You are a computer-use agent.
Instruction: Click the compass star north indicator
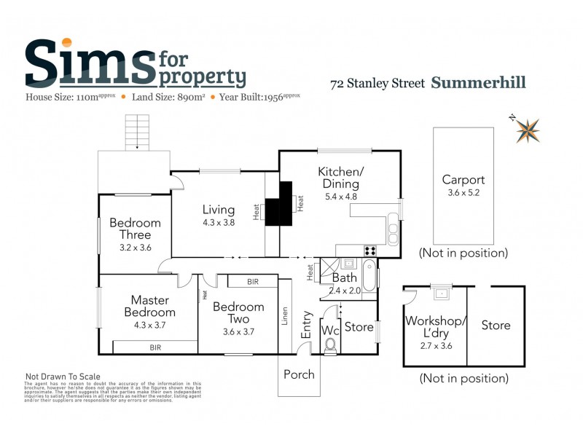click(x=528, y=130)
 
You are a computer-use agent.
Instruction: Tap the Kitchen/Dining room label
click(x=340, y=178)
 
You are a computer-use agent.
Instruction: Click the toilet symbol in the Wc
click(x=330, y=345)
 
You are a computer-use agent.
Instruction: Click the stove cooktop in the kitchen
click(x=370, y=251)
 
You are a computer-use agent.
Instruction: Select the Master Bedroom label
click(x=150, y=306)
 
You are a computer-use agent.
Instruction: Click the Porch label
click(x=299, y=374)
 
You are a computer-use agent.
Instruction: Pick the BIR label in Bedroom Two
click(x=253, y=281)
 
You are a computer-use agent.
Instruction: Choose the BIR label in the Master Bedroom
click(x=155, y=348)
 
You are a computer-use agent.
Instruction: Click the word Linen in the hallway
click(x=286, y=314)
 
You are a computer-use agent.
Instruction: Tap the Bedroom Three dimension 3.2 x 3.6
click(x=135, y=247)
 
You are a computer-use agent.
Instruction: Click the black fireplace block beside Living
click(x=278, y=204)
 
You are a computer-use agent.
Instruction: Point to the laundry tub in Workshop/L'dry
click(x=441, y=295)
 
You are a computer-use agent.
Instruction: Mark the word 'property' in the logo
click(x=202, y=76)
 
